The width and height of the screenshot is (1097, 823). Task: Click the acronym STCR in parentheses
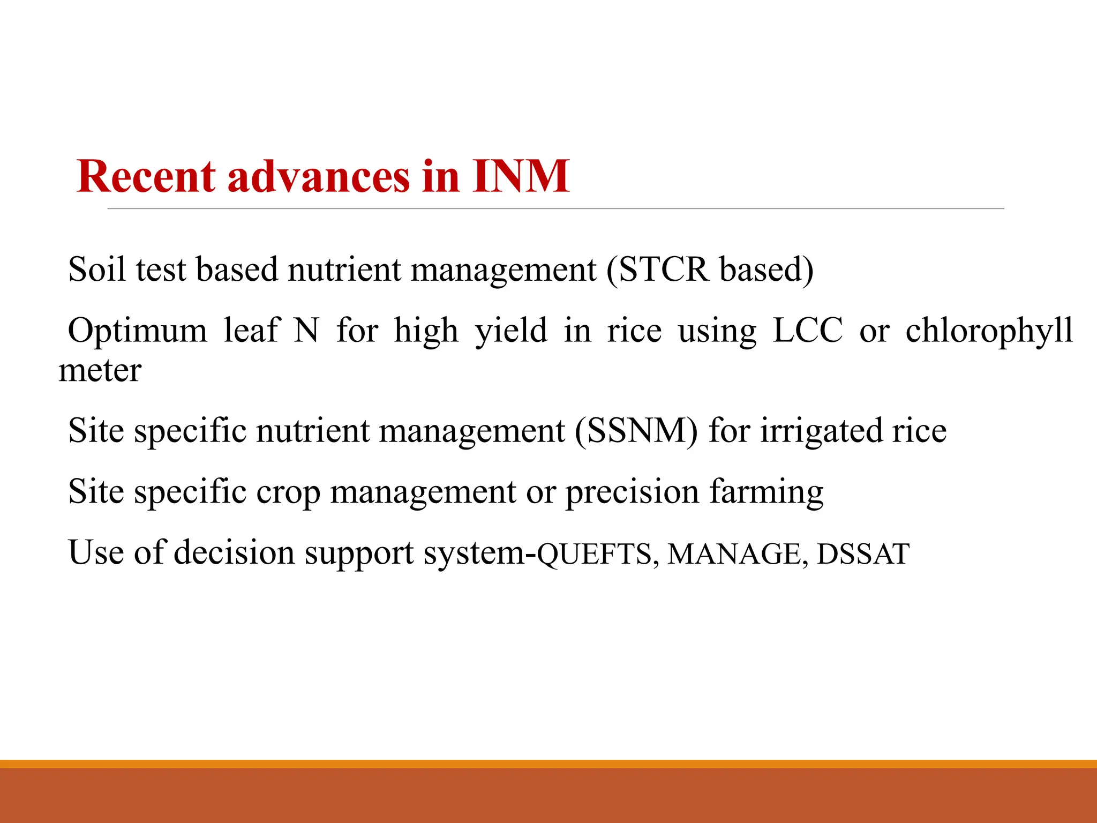point(663,269)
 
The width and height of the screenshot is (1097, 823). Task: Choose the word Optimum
point(137,330)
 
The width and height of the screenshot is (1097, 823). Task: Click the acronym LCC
point(808,330)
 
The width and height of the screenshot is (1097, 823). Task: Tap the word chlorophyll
point(989,331)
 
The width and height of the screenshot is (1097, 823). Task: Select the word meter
point(100,370)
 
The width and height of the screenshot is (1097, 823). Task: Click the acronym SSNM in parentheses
point(636,431)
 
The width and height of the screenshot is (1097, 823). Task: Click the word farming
point(767,492)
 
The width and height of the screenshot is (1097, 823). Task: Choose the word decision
point(234,552)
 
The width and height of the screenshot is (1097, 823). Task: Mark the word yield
point(512,331)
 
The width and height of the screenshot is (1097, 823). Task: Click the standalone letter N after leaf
point(307,330)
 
